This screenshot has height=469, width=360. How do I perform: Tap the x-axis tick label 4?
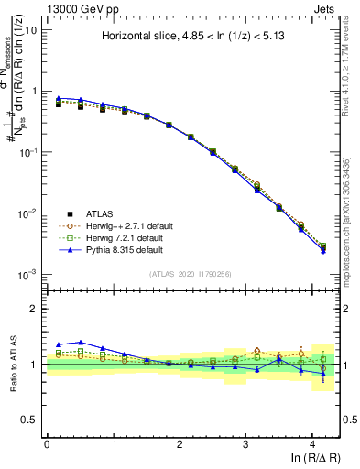coord(313,442)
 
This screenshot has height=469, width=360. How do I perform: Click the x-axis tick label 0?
coord(47,442)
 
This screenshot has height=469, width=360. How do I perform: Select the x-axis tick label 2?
coord(180,442)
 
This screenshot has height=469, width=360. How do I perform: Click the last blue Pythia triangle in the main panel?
coord(322,250)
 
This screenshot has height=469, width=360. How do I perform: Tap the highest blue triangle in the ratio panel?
coord(81,342)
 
